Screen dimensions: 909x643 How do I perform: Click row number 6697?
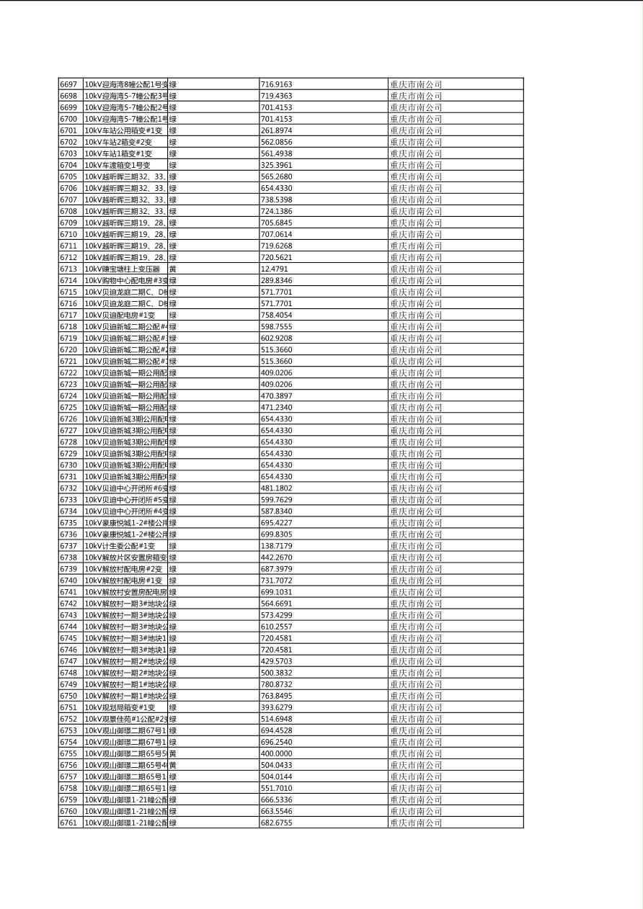coord(68,84)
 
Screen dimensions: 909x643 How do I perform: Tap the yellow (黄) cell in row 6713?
coord(173,269)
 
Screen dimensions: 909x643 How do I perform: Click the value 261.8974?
coord(276,130)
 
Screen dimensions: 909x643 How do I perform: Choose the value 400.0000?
coord(276,753)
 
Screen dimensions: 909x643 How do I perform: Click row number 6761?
coord(68,823)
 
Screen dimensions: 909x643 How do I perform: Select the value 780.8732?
coord(276,684)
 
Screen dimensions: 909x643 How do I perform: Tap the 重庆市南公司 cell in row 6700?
coord(416,119)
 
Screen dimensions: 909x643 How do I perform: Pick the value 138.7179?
coord(276,546)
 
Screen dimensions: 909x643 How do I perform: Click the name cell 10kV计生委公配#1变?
coord(120,546)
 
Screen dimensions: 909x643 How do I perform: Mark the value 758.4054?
coord(276,315)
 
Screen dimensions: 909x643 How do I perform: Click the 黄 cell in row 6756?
coord(173,765)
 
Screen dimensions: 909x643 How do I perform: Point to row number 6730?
coord(68,465)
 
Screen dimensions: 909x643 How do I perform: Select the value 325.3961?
coord(276,165)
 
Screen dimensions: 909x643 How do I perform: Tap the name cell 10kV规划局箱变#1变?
coord(120,707)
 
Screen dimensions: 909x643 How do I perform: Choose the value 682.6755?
coord(276,823)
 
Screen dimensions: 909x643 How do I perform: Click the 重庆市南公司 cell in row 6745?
coord(416,638)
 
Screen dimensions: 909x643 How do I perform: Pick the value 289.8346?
coord(276,280)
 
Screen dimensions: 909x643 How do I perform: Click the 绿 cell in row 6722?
coord(173,372)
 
